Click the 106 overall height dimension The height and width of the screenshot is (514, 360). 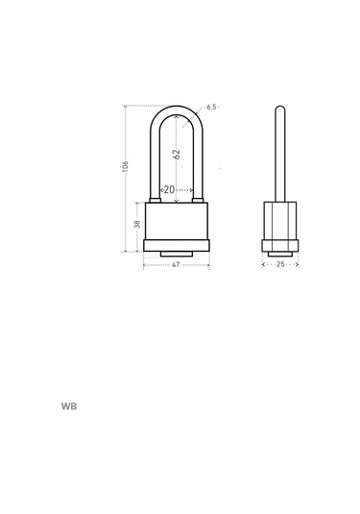125,166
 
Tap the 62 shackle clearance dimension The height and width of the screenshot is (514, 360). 177,154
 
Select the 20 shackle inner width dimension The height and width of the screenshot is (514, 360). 169,190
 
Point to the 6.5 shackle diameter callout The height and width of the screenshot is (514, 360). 211,107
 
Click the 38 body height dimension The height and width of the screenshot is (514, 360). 137,224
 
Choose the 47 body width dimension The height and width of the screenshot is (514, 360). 176,264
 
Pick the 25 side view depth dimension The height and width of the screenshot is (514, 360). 280,264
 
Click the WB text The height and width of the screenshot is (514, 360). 69,406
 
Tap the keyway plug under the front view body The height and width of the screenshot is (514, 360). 177,254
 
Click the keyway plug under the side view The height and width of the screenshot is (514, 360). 280,254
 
